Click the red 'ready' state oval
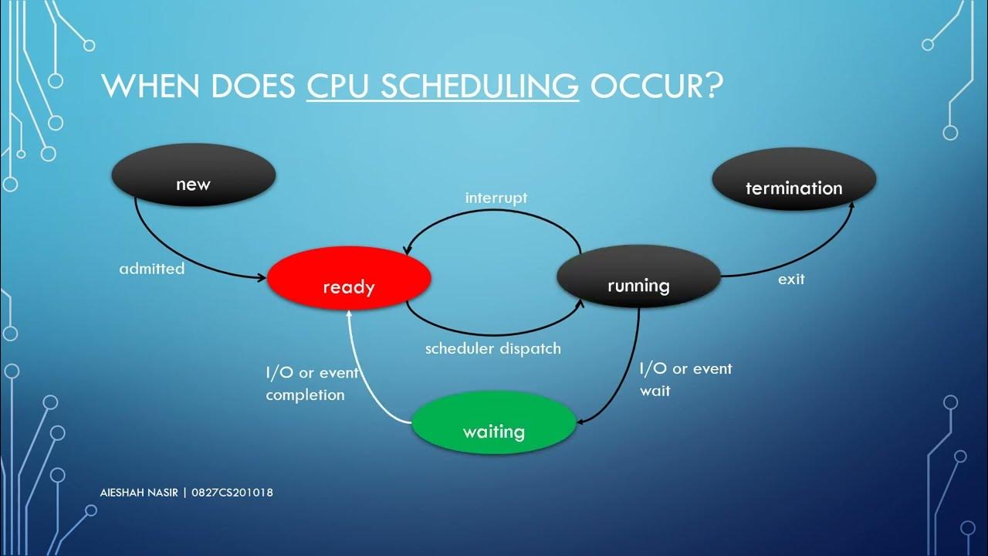[x=349, y=279]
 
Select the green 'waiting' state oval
[x=494, y=423]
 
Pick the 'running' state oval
[x=638, y=277]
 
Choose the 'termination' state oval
[x=793, y=180]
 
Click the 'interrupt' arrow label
[x=496, y=198]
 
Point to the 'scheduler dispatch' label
[x=493, y=348]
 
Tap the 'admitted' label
[x=152, y=269]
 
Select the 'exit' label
[x=791, y=280]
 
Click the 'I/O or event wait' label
[x=685, y=379]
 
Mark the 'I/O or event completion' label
[x=312, y=383]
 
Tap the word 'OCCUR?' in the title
[x=655, y=86]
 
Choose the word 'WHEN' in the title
[x=148, y=86]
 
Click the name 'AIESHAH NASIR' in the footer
[x=139, y=493]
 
